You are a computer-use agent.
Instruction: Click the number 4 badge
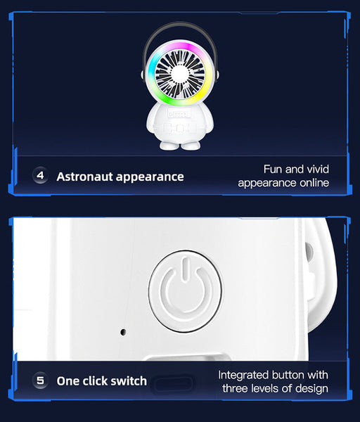point(40,176)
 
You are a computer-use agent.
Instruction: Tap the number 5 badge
point(40,381)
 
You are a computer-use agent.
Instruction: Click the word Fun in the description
point(274,169)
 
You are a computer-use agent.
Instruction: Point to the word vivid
point(315,169)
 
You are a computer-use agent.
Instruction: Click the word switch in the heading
point(128,381)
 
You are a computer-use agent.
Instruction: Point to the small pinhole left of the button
point(123,331)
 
